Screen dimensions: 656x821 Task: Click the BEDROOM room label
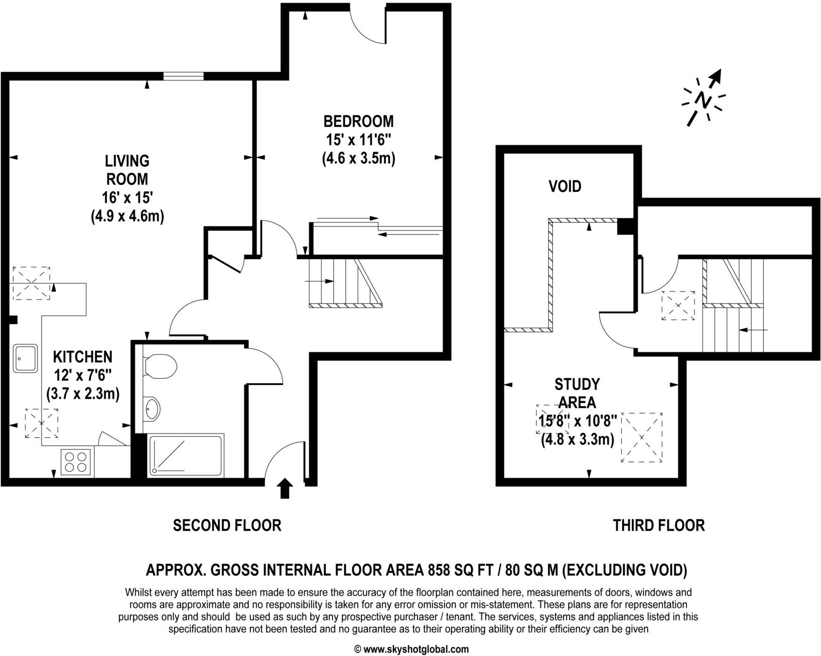(x=358, y=121)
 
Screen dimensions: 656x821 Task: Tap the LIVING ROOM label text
(x=127, y=170)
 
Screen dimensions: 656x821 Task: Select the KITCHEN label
(x=82, y=357)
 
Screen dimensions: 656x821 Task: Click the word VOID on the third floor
(x=564, y=186)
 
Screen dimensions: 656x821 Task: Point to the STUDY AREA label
(x=577, y=394)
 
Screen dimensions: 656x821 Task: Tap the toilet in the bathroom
(x=160, y=366)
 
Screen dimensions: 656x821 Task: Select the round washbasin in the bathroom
(x=152, y=409)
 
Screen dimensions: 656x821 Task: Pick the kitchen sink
(x=25, y=358)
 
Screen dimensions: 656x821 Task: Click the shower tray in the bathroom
(x=185, y=456)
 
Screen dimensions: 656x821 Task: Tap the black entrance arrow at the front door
(x=284, y=488)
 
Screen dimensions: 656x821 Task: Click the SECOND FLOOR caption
(x=227, y=525)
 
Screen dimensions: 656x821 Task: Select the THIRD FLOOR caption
(x=659, y=525)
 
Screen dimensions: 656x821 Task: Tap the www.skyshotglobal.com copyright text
(x=411, y=649)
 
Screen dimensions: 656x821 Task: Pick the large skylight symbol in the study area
(x=642, y=437)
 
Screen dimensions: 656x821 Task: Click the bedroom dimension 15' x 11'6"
(x=359, y=140)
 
